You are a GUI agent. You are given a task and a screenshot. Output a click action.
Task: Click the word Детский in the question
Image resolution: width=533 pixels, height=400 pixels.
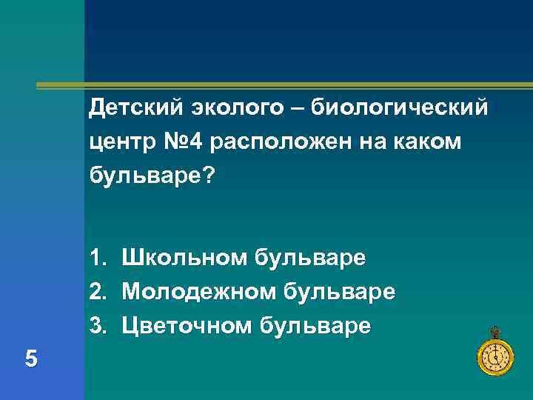point(130,109)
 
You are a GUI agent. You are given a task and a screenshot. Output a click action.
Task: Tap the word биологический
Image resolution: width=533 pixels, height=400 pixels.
point(400,109)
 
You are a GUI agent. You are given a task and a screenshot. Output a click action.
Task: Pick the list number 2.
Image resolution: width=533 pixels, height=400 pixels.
point(96,291)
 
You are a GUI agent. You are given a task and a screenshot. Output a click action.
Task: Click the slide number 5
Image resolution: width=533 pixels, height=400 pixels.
point(31,359)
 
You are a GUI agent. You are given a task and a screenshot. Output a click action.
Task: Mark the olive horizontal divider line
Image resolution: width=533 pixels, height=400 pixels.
point(281,87)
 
